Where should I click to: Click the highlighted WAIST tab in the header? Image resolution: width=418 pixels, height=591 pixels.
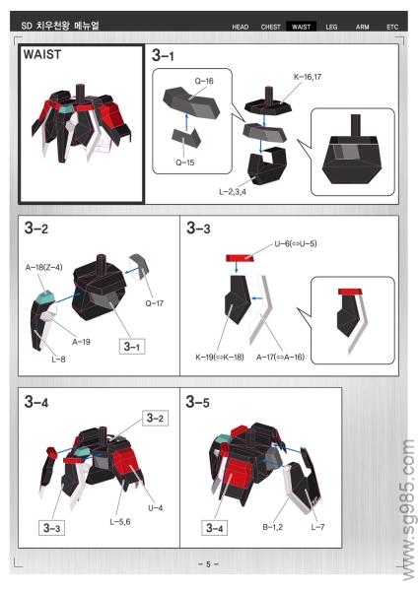[301, 27]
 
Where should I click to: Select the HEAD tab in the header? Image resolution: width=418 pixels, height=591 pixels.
[241, 27]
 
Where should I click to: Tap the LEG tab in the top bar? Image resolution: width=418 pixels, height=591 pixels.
[331, 27]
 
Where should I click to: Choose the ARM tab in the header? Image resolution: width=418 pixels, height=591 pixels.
[362, 27]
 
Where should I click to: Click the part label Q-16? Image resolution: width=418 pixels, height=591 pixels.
[204, 81]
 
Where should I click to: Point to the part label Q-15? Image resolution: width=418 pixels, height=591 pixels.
[185, 163]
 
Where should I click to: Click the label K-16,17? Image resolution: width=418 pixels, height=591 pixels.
[308, 77]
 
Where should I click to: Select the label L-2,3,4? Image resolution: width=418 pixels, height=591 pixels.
[233, 192]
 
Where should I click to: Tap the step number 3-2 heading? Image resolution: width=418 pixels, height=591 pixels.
[36, 229]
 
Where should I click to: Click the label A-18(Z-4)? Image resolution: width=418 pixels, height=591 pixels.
[43, 267]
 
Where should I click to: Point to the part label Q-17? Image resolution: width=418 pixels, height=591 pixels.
[155, 303]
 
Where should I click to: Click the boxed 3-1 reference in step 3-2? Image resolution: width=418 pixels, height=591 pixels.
[132, 347]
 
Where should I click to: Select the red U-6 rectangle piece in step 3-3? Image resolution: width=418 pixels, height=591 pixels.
[240, 258]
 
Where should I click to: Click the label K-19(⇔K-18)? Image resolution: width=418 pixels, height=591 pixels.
[220, 357]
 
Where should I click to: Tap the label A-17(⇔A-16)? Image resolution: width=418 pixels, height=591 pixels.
[280, 357]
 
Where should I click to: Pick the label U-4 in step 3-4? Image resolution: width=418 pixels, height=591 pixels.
[155, 507]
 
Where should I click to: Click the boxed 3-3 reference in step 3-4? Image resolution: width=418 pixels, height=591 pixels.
[51, 528]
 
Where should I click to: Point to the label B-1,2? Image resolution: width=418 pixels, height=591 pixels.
[273, 527]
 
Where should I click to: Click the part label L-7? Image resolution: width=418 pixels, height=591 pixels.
[317, 527]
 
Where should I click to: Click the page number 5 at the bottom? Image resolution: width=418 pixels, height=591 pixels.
[208, 564]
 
